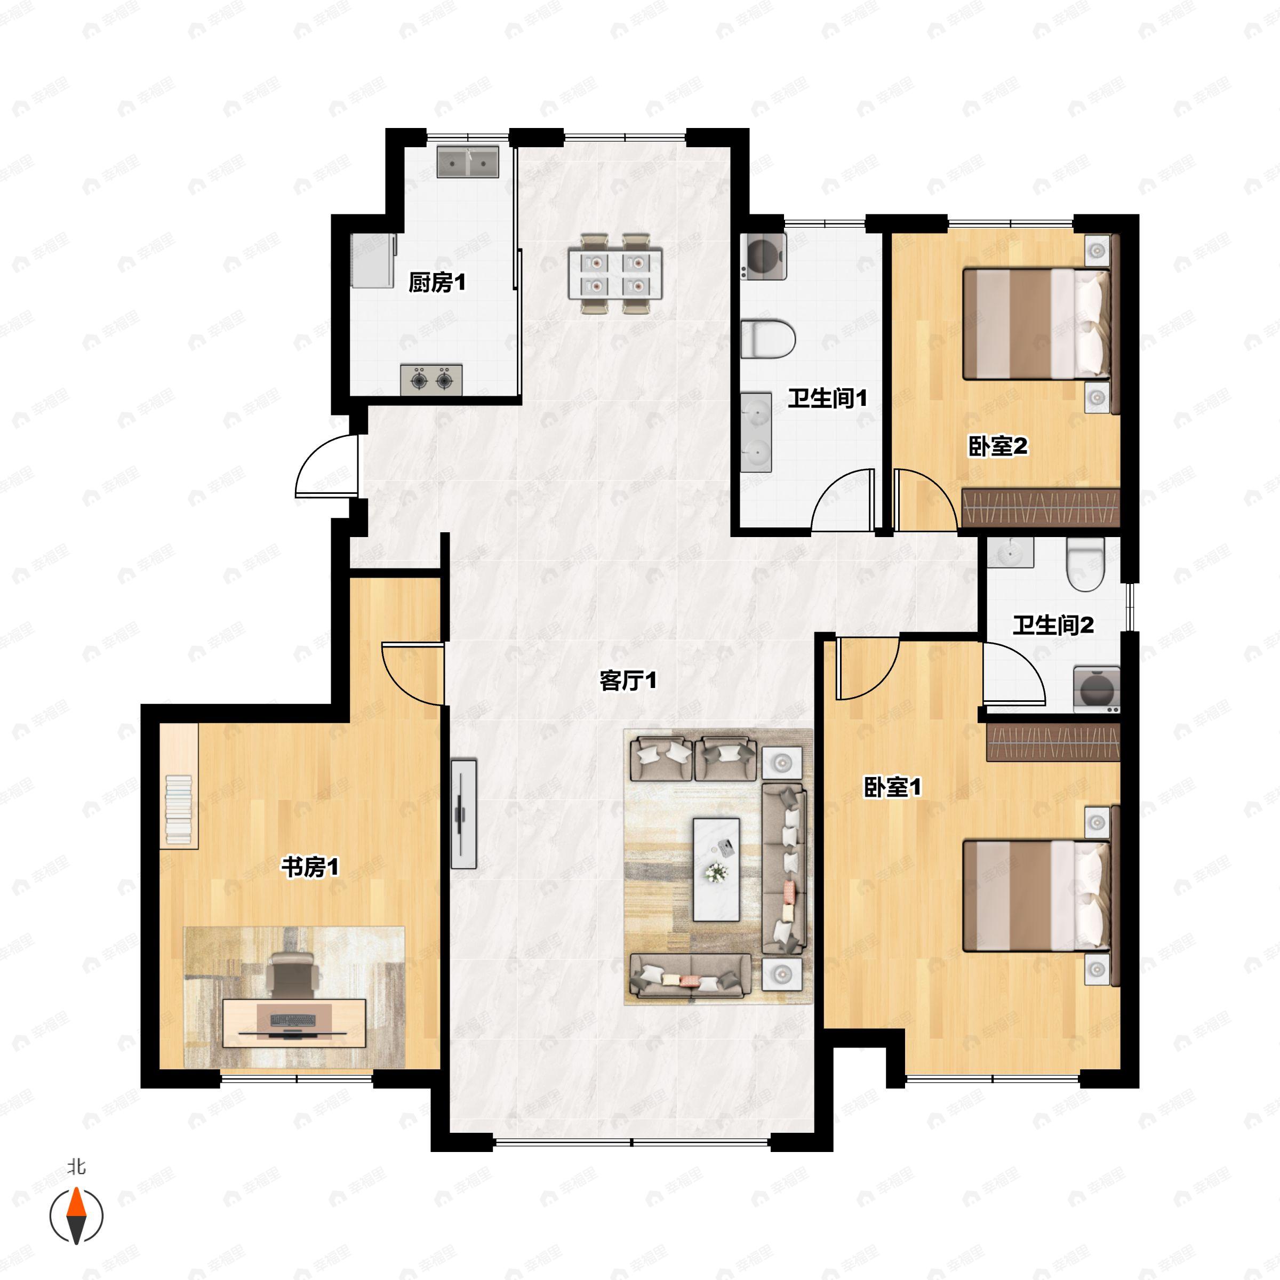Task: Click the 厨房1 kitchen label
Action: tap(437, 283)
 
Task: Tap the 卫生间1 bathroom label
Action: tap(828, 398)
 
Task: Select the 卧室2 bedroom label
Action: tap(998, 446)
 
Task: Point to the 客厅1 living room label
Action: tap(628, 681)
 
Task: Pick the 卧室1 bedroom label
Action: tap(892, 787)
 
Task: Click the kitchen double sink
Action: tap(468, 162)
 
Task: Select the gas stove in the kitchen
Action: tap(431, 380)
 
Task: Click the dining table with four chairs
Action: tap(615, 274)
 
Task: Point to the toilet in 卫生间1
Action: tap(768, 339)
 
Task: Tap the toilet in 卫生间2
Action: tap(1085, 564)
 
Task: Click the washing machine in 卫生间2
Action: tap(1097, 690)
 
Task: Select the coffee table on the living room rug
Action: tap(716, 869)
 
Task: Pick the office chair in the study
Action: tap(292, 974)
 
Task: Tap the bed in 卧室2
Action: tap(1037, 324)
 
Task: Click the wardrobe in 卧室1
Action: tap(1053, 742)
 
